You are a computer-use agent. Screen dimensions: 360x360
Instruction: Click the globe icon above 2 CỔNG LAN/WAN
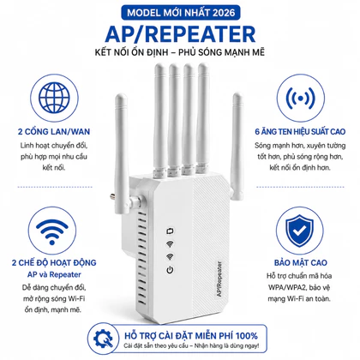tap(54, 98)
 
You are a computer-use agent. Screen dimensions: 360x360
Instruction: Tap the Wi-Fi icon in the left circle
tap(52, 232)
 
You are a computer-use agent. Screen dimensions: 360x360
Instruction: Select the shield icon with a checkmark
tap(300, 231)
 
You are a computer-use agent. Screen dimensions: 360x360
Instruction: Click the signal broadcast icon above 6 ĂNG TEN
tap(301, 98)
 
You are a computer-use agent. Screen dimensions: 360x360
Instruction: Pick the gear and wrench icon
tap(103, 339)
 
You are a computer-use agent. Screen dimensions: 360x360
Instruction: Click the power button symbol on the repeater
tap(170, 269)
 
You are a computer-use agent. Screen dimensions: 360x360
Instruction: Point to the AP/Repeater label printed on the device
tap(219, 279)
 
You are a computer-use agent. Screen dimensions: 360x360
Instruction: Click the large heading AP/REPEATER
tap(180, 34)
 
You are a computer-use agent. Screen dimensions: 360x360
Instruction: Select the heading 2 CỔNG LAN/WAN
tap(54, 131)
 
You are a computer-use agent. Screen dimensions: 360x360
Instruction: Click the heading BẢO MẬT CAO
tap(301, 262)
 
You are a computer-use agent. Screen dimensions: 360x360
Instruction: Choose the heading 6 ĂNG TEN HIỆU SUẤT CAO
tap(300, 131)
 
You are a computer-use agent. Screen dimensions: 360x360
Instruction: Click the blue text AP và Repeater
tap(54, 274)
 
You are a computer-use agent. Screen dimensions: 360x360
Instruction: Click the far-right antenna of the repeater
tap(237, 147)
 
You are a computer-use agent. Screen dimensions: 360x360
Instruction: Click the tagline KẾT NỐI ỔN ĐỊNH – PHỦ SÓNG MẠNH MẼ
tap(180, 52)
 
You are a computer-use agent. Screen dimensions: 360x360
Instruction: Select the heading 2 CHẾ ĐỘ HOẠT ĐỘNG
tap(54, 262)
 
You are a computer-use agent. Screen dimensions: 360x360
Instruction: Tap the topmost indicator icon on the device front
tap(171, 231)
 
